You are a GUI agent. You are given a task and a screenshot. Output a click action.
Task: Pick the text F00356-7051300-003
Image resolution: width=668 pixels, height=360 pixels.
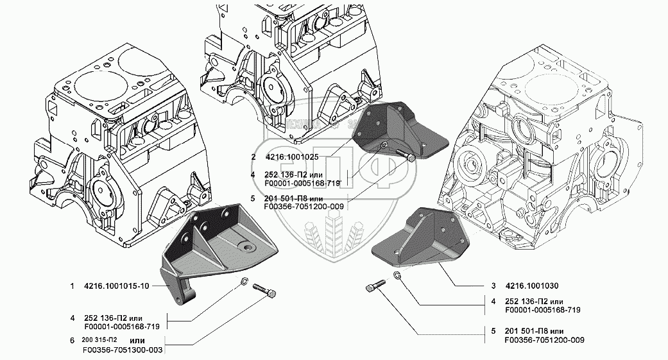click(x=121, y=350)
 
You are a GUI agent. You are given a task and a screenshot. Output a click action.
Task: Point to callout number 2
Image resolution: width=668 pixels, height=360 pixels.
click(x=254, y=157)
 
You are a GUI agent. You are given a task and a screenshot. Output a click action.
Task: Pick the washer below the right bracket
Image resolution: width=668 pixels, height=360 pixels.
click(x=397, y=275)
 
